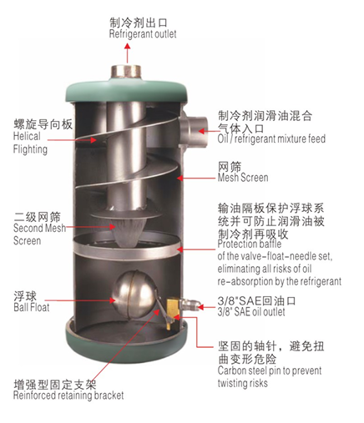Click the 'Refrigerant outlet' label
(143, 34)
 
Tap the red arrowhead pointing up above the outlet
(128, 46)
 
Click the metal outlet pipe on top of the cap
(126, 73)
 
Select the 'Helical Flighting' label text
(30, 143)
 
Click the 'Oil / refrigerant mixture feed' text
(271, 138)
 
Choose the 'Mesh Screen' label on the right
(243, 178)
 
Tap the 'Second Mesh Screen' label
(39, 234)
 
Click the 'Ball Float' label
(32, 307)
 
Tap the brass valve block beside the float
(173, 314)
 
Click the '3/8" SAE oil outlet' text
(251, 312)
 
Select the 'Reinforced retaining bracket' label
(68, 395)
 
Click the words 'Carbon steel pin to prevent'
(270, 370)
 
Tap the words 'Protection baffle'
(250, 244)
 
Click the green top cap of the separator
(127, 92)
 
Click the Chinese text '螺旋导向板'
(43, 124)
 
